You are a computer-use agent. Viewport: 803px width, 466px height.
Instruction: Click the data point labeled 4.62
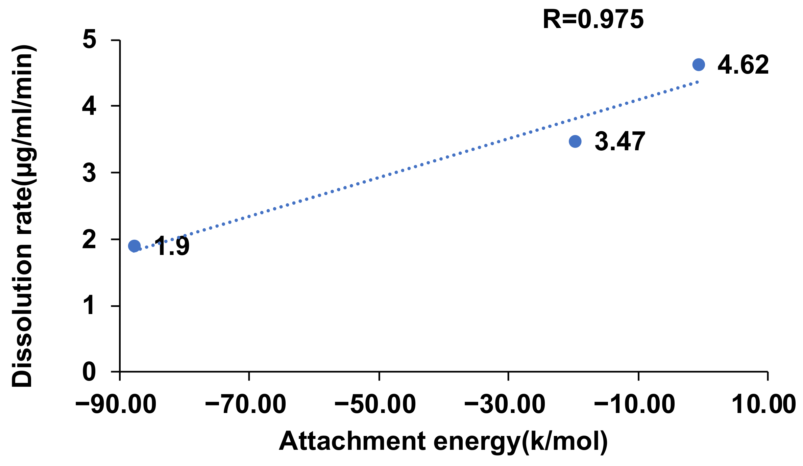699,64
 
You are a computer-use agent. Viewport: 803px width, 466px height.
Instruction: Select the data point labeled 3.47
575,141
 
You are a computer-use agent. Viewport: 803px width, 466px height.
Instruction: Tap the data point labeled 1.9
134,246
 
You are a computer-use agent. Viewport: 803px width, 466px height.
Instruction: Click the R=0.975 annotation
593,20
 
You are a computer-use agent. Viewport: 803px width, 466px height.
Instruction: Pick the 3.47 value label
619,141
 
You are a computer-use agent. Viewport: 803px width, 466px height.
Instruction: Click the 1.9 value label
172,247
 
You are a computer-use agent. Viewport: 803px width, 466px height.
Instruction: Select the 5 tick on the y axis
89,40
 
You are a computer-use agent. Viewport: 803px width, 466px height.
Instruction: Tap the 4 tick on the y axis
89,106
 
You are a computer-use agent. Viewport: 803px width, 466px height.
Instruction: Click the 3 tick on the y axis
89,173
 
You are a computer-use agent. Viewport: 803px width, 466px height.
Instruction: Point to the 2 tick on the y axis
89,239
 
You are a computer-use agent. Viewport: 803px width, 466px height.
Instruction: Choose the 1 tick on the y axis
89,306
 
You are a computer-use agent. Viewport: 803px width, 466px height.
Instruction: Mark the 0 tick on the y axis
89,372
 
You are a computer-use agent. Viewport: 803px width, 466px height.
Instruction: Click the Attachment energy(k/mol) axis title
443,442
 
